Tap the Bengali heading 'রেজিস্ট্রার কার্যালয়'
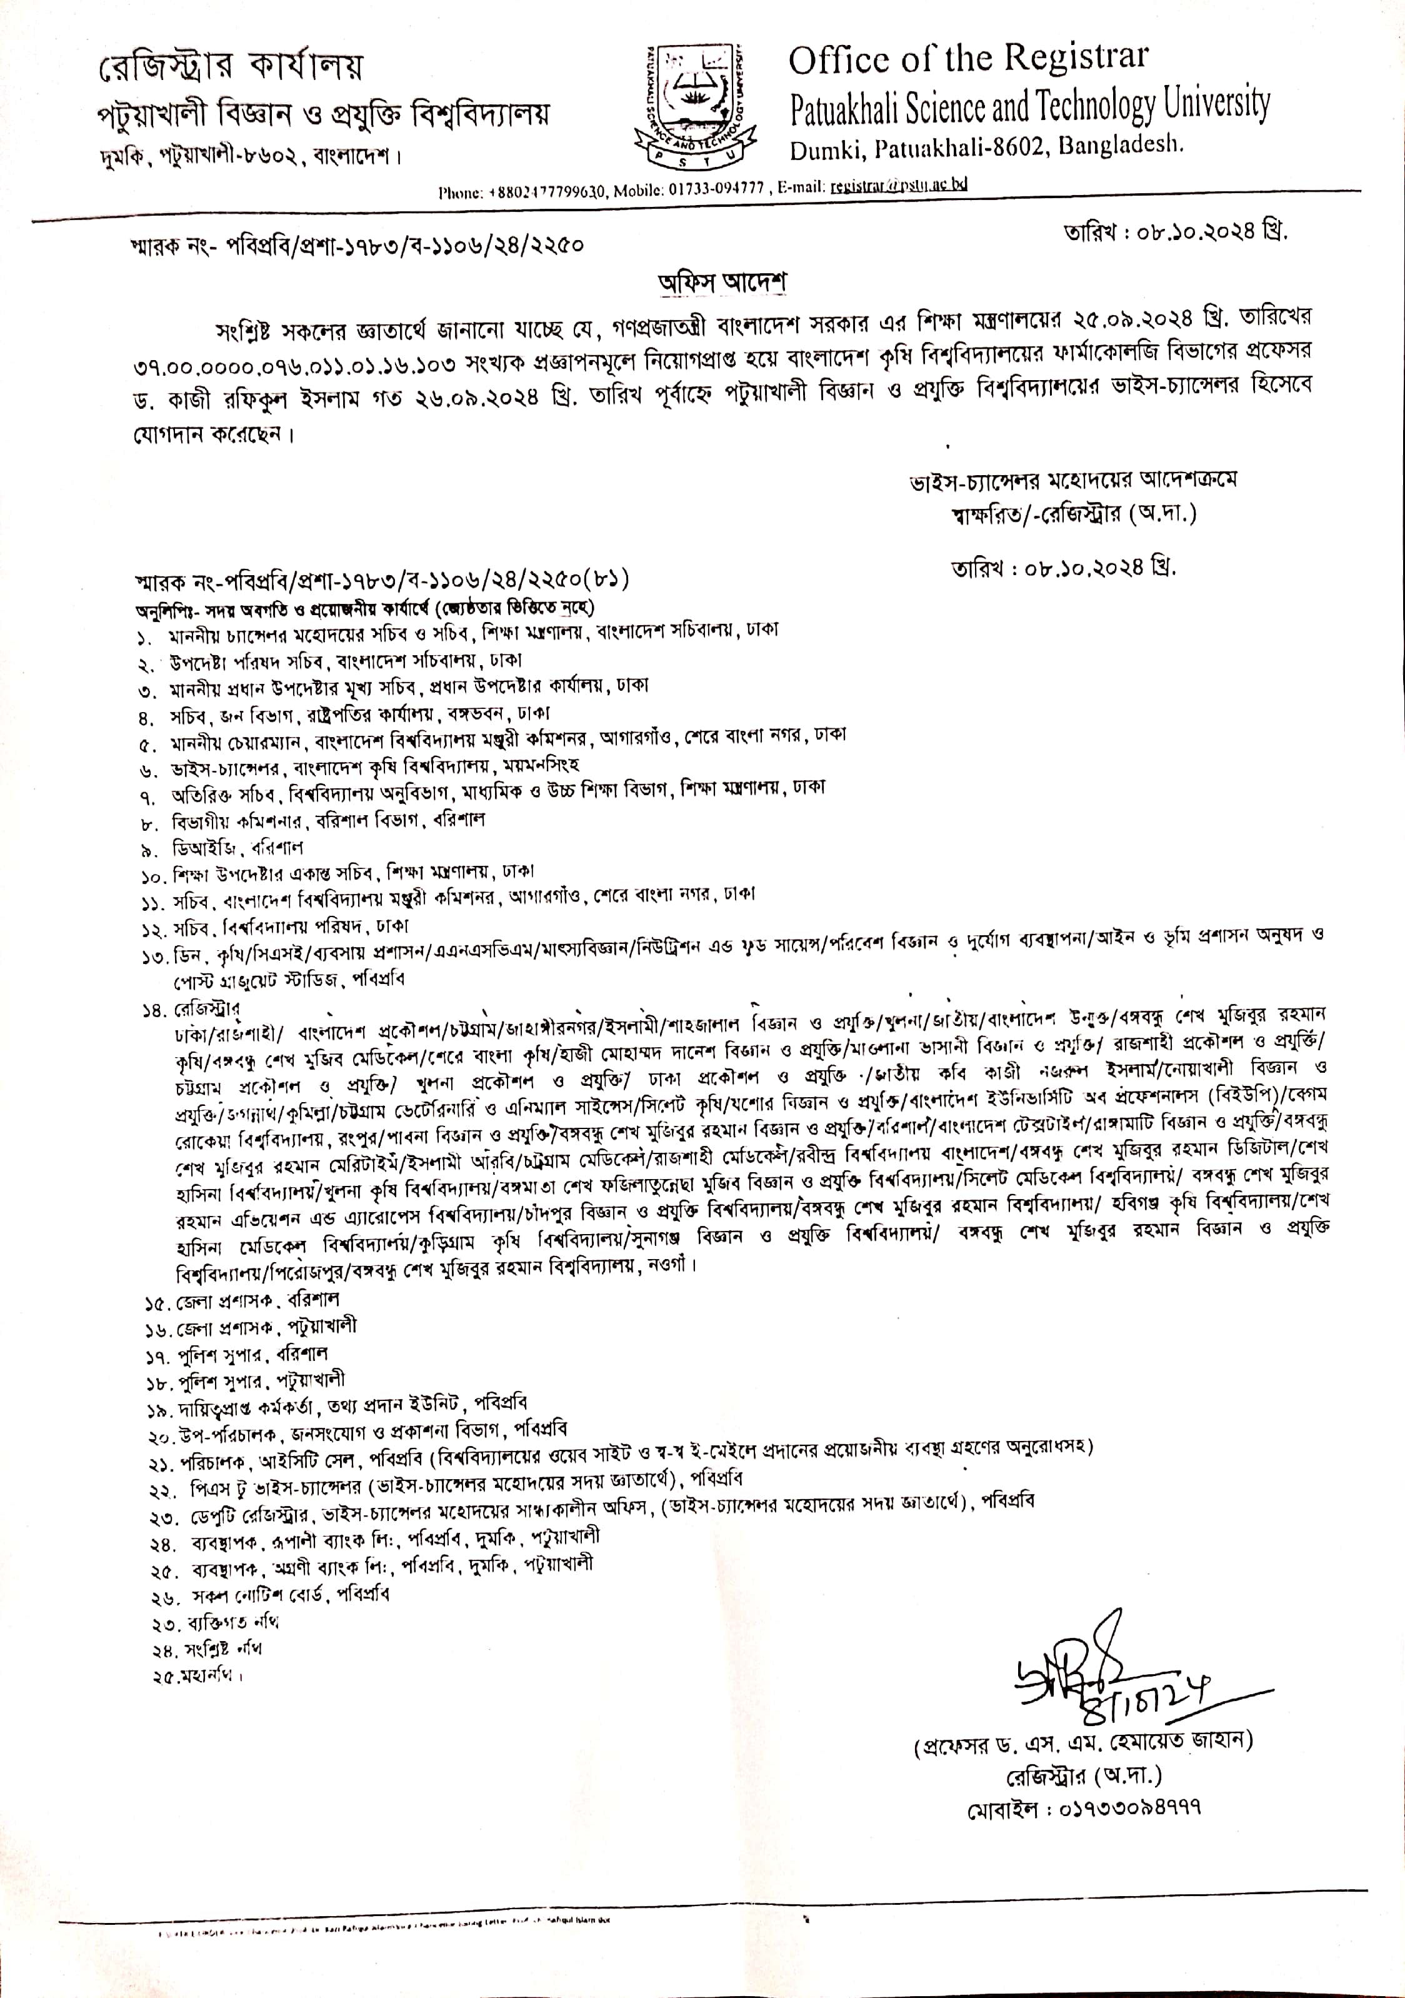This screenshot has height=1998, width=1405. (231, 65)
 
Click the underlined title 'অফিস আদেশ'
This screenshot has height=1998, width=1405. (721, 283)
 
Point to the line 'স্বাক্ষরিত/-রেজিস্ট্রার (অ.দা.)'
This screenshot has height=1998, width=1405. (1074, 515)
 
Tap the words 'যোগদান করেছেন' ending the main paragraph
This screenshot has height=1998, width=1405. (209, 434)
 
